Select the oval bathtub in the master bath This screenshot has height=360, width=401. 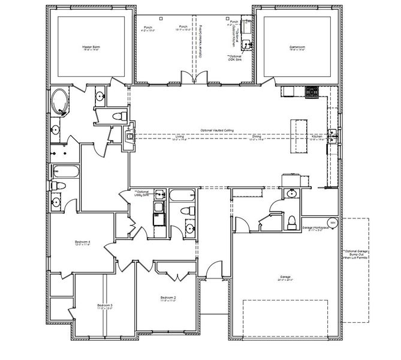pyautogui.click(x=60, y=102)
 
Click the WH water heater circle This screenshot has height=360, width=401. pyautogui.click(x=333, y=223)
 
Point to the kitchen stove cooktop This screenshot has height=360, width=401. pyautogui.click(x=312, y=92)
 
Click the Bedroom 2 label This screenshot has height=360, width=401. pyautogui.click(x=167, y=298)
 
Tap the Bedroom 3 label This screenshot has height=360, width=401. pyautogui.click(x=105, y=307)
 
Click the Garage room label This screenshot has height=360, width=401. pyautogui.click(x=281, y=278)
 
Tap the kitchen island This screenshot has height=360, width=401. pyautogui.click(x=298, y=136)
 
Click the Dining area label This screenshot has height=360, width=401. pyautogui.click(x=256, y=137)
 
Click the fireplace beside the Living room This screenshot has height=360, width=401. pyautogui.click(x=129, y=136)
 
